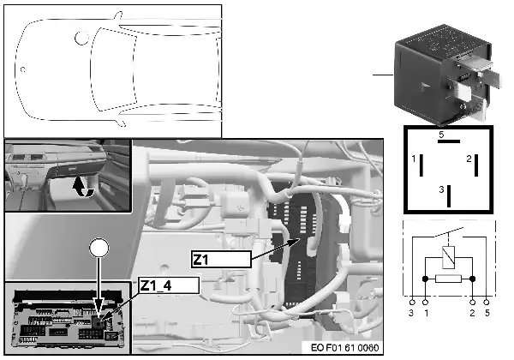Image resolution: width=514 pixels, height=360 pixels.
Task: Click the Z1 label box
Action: click(x=221, y=260)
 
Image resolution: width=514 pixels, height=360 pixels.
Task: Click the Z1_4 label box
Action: click(x=169, y=285)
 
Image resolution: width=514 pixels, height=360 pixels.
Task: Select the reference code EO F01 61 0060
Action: click(x=344, y=347)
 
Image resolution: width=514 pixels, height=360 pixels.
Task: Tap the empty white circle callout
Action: click(x=99, y=247)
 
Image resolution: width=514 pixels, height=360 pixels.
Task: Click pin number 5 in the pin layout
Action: click(x=441, y=135)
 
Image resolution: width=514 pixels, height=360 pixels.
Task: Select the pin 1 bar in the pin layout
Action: click(x=421, y=165)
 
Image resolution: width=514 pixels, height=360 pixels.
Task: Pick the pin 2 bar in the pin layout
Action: click(x=476, y=165)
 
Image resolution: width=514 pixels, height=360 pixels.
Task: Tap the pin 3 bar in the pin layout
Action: click(x=449, y=196)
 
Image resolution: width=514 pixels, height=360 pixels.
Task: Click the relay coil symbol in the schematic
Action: click(x=448, y=257)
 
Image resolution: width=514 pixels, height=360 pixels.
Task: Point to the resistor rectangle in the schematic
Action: click(x=448, y=279)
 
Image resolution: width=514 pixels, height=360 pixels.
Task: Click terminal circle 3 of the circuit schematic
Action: click(x=412, y=302)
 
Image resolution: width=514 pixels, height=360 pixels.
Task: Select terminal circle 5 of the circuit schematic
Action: click(x=487, y=302)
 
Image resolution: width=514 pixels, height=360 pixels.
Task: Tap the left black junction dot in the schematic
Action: click(x=425, y=279)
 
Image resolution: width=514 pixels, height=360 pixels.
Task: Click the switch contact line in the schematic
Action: click(x=448, y=231)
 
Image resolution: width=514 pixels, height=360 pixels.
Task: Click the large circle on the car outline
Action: click(x=82, y=38)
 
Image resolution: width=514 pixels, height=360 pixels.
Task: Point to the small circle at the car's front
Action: click(x=23, y=69)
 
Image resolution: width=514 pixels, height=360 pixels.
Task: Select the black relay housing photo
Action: click(x=447, y=75)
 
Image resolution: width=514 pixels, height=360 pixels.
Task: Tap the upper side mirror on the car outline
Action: click(x=119, y=17)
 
